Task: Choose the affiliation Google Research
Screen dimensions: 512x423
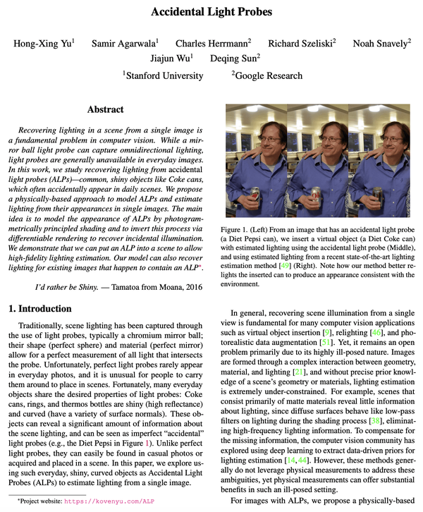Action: tap(269, 75)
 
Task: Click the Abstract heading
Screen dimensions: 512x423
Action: tap(106, 110)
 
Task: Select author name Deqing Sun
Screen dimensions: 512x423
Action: tap(235, 59)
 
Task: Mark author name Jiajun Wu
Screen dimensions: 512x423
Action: tap(172, 59)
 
